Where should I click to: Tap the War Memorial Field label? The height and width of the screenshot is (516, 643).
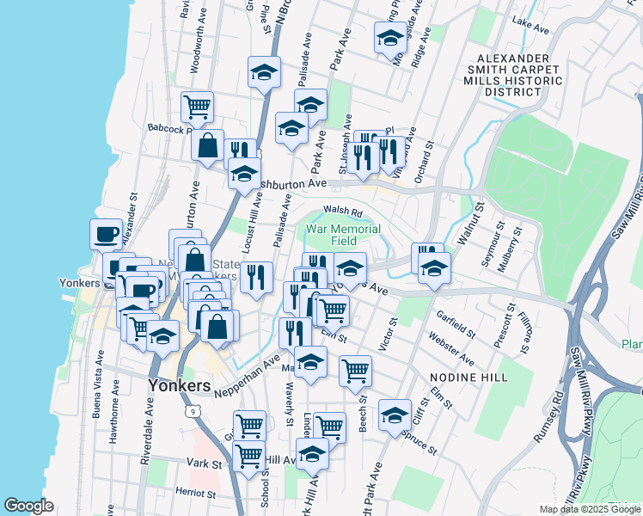343,236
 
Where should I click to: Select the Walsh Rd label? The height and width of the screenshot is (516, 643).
344,212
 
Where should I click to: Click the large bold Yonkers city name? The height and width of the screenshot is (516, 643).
179,385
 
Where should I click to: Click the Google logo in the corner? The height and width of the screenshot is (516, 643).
29,506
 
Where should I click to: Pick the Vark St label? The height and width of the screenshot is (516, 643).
205,464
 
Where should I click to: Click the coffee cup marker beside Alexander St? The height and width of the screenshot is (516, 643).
107,235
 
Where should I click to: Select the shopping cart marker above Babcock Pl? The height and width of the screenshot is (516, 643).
198,107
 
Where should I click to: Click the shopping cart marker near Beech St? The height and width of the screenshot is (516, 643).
354,372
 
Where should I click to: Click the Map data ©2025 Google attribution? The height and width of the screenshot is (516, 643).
589,509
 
